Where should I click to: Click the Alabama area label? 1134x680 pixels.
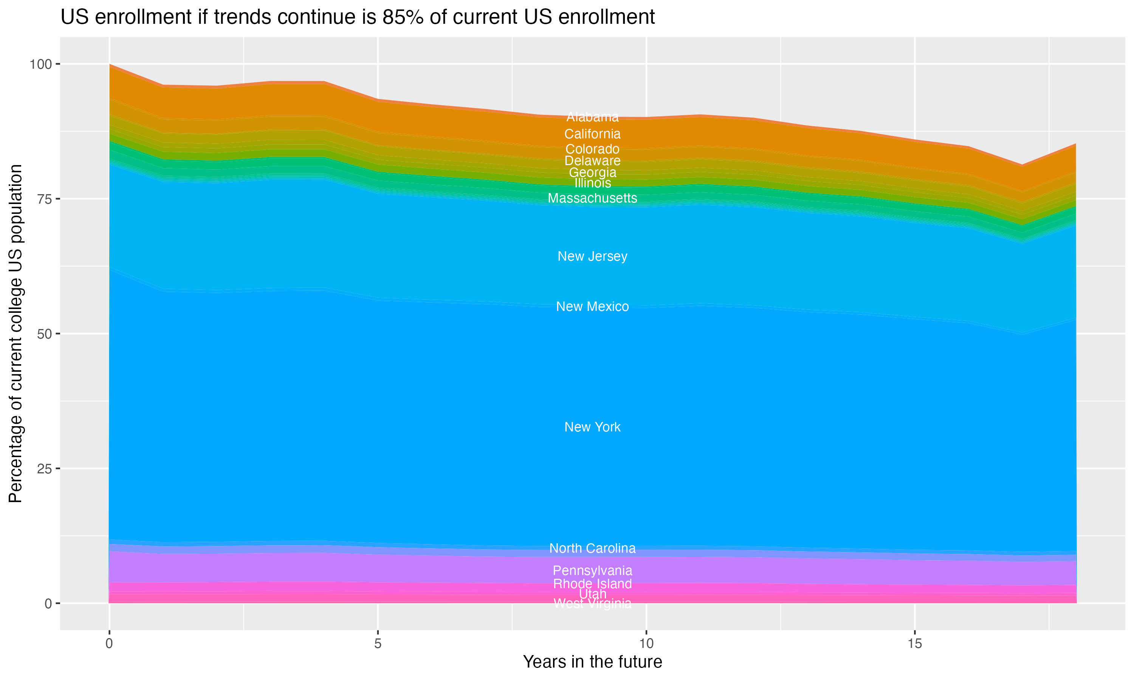point(592,117)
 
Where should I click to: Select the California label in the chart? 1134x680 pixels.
point(592,134)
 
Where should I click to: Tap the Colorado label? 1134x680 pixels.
point(592,149)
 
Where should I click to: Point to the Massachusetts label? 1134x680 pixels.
point(592,198)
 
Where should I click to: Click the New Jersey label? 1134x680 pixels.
point(592,257)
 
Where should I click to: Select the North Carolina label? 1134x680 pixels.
point(592,549)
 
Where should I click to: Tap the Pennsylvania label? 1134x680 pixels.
point(592,571)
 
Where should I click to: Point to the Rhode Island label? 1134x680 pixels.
point(592,584)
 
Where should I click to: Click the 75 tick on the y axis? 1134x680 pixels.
point(43,199)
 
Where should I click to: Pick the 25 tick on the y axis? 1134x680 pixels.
point(43,469)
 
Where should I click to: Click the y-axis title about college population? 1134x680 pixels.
point(15,334)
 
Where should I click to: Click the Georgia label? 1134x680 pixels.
point(592,173)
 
